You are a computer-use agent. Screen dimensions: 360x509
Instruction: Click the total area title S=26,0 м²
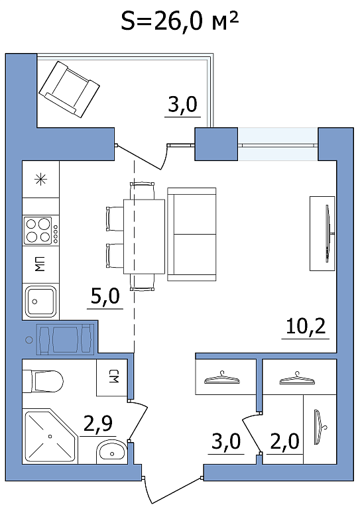click(x=180, y=21)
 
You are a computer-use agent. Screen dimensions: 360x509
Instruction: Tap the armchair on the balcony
click(x=69, y=89)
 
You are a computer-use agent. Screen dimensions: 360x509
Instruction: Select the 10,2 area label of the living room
click(x=306, y=326)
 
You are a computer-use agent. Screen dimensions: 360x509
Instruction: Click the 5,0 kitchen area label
click(x=105, y=296)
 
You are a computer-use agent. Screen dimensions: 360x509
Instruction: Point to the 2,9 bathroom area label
click(x=98, y=424)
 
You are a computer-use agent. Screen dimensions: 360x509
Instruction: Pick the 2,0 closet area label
click(x=284, y=441)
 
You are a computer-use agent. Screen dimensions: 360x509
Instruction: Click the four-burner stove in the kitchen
click(x=41, y=230)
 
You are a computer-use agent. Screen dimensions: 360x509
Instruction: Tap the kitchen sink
click(x=40, y=301)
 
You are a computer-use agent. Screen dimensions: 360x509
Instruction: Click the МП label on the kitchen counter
click(x=40, y=264)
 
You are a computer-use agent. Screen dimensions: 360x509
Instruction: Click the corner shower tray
click(x=50, y=436)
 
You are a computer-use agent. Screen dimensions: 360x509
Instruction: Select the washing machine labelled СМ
click(x=111, y=378)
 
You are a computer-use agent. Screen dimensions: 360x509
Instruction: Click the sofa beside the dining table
click(x=192, y=234)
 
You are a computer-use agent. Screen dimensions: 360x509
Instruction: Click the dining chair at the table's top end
click(x=142, y=191)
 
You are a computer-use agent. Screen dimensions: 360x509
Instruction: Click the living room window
click(x=278, y=144)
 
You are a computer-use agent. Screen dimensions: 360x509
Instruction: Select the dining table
click(x=144, y=237)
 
